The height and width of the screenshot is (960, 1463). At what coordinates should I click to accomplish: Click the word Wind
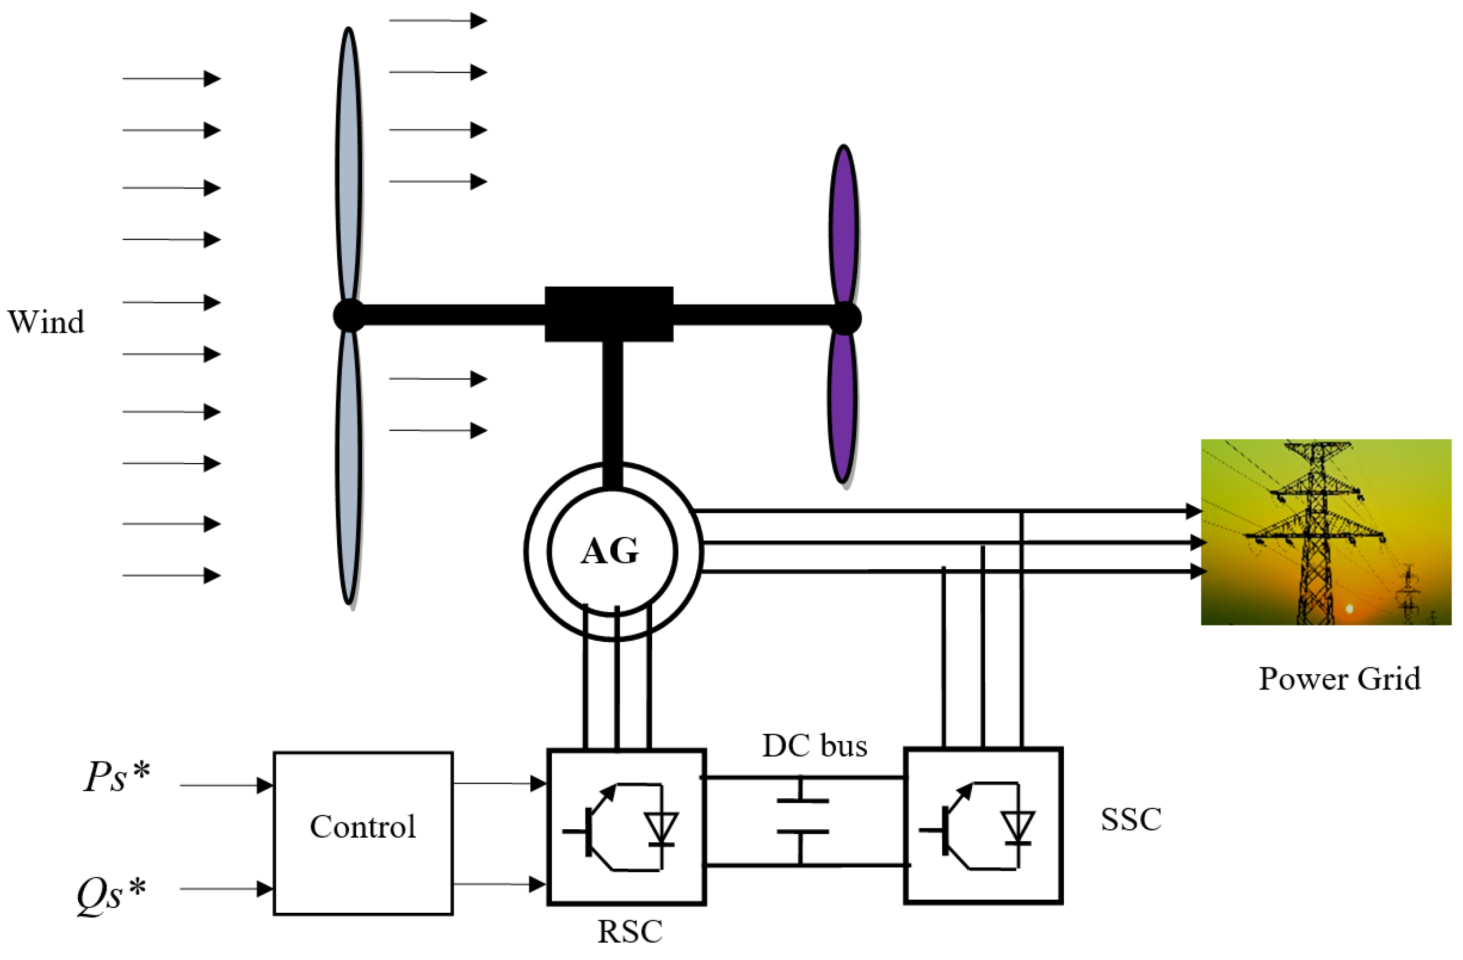pyautogui.click(x=46, y=322)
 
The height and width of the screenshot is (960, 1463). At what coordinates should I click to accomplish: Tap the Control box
pyautogui.click(x=363, y=833)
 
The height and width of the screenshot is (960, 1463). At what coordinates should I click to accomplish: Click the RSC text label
pyautogui.click(x=630, y=932)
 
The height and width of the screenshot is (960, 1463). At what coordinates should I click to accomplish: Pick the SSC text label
pyautogui.click(x=1131, y=820)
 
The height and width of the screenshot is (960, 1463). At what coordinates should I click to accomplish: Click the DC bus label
pyautogui.click(x=814, y=746)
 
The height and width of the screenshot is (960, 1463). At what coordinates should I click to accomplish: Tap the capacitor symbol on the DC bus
pyautogui.click(x=802, y=816)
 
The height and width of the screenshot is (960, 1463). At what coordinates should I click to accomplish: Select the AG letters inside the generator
pyautogui.click(x=610, y=551)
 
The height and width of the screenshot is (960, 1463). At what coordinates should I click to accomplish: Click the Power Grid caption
pyautogui.click(x=1340, y=679)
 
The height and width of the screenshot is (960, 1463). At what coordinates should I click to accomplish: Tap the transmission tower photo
pyautogui.click(x=1326, y=532)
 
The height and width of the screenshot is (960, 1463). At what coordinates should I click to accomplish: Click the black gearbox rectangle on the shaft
pyautogui.click(x=609, y=314)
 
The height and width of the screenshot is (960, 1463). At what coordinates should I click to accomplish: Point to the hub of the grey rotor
pyautogui.click(x=349, y=315)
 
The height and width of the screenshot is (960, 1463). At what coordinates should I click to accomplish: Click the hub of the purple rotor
pyautogui.click(x=845, y=318)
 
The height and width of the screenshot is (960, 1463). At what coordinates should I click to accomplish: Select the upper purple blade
pyautogui.click(x=844, y=224)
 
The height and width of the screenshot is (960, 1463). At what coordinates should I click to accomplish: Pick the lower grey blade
pyautogui.click(x=349, y=467)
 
